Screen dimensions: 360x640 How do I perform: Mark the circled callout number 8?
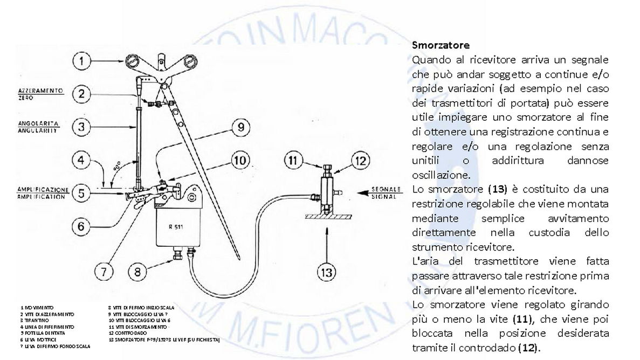coord(137,271)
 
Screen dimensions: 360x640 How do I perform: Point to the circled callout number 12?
coord(360,160)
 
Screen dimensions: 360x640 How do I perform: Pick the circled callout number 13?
coord(327,272)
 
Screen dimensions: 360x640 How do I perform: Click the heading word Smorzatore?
coord(440,45)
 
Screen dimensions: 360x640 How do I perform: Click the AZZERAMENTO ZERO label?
coord(37,92)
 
